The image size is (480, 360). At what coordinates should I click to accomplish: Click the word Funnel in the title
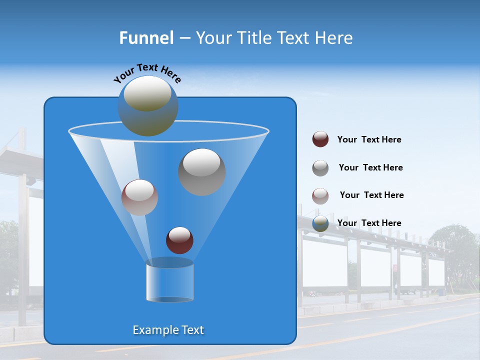pos(146,38)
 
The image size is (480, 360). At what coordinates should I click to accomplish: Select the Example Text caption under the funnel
pos(168,330)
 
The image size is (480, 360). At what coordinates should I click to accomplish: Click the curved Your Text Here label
pos(147,72)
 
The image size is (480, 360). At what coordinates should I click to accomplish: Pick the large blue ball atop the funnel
pos(147,106)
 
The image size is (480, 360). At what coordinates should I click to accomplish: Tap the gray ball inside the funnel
pos(201,172)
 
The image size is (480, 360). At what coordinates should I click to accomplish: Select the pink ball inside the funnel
pos(139,197)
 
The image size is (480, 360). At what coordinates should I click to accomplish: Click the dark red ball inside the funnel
pos(179,240)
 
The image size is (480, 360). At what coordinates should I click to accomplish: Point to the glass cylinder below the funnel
pos(169,283)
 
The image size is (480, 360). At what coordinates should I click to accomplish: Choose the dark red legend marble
pos(320,139)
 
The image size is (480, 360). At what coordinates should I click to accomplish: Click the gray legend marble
pos(320,168)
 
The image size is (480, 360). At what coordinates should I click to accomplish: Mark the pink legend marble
pos(320,196)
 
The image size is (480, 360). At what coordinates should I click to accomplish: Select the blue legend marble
pos(320,223)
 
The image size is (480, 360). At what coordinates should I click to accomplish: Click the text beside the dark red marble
pos(369,139)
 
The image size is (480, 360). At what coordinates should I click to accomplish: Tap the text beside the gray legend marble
pos(370,167)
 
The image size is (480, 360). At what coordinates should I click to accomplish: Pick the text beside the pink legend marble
pos(371,195)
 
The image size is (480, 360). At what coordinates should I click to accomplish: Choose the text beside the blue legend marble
pos(369,223)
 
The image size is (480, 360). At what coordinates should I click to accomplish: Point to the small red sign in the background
pos(395,268)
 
